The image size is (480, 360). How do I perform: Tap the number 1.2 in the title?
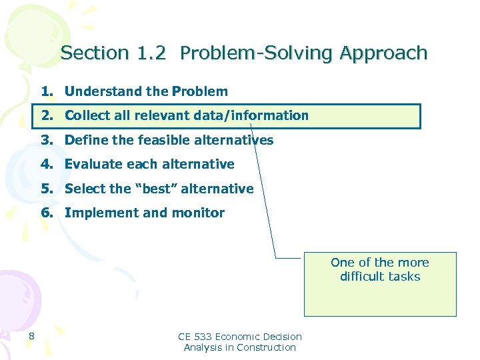click(151, 53)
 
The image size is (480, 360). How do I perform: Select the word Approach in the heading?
click(383, 53)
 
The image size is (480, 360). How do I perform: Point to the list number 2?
click(47, 115)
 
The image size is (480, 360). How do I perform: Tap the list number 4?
click(47, 164)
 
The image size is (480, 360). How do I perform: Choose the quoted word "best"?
click(159, 189)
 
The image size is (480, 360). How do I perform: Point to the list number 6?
click(47, 213)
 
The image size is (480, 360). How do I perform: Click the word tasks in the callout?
click(407, 276)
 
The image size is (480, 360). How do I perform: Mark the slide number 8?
click(32, 335)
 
